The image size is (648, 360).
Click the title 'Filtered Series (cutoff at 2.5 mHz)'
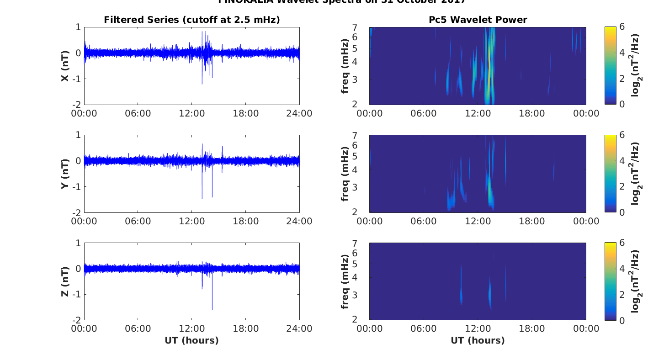[191, 20]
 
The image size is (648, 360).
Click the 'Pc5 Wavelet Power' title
[478, 20]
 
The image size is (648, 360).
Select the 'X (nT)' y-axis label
[65, 66]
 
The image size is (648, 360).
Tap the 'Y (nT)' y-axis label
[65, 174]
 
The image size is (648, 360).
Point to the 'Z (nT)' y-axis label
[65, 281]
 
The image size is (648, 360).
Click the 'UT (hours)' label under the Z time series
[191, 340]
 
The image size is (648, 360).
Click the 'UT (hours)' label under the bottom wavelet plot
[478, 340]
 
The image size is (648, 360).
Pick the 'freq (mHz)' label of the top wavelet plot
[345, 66]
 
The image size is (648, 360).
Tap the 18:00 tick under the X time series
[245, 113]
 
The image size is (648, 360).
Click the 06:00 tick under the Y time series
[138, 221]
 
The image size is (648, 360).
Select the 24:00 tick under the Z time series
[299, 329]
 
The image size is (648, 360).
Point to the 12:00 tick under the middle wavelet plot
[478, 221]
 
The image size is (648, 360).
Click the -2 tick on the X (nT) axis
[77, 105]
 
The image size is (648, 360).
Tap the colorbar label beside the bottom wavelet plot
[635, 281]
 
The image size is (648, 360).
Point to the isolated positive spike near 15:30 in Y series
[222, 147]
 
